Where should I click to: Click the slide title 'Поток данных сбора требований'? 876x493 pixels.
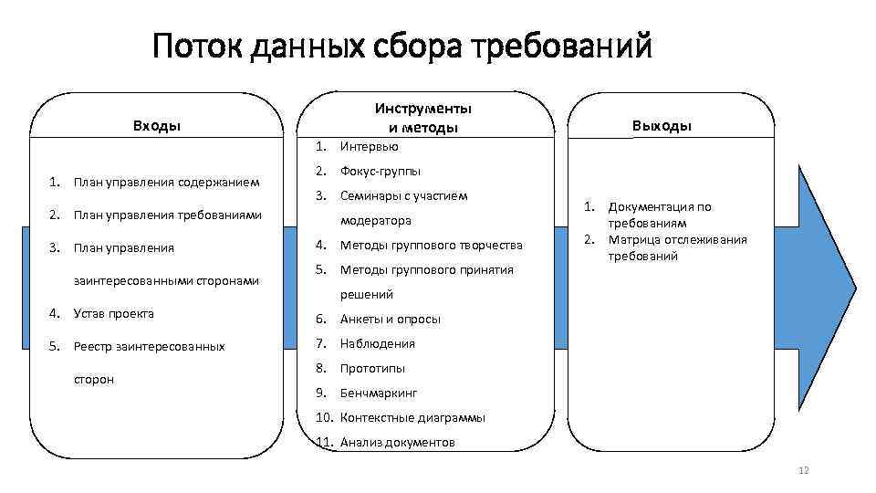[x=402, y=45]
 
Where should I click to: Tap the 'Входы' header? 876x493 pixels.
[x=157, y=126]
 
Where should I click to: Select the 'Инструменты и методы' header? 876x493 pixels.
[x=429, y=118]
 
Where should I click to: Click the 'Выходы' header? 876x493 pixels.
[x=662, y=126]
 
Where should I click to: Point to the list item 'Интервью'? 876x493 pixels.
[x=369, y=146]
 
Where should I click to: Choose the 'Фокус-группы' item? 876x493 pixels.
[x=380, y=171]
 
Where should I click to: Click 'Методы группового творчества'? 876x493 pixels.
[x=431, y=245]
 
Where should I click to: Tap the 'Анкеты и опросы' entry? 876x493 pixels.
[x=390, y=319]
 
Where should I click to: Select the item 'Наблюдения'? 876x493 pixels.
[x=377, y=343]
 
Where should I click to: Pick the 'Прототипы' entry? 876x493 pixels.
[x=372, y=368]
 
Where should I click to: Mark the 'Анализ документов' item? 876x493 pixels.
[x=396, y=442]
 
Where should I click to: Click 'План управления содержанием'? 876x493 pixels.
[x=167, y=182]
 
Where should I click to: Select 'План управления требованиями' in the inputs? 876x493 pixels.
[x=168, y=215]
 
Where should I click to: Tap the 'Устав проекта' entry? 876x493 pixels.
[x=113, y=313]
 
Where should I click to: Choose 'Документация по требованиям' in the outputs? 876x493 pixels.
[x=659, y=215]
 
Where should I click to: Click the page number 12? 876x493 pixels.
[x=804, y=470]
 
